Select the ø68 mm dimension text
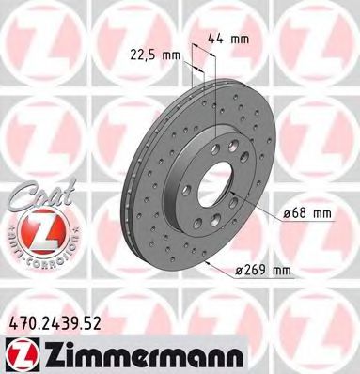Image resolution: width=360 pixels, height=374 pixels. [311, 214]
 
